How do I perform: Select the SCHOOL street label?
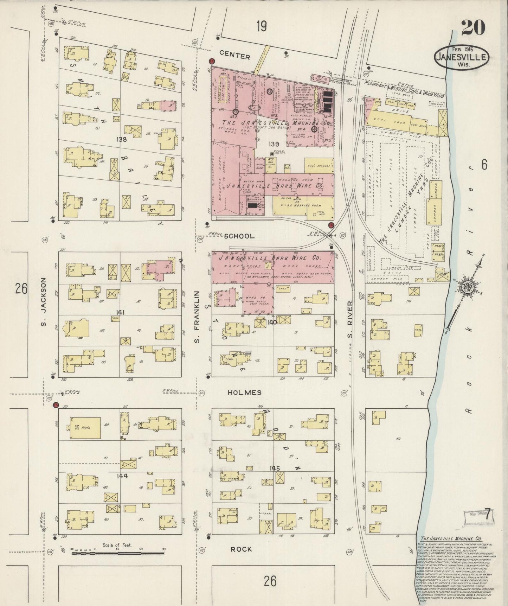pyautogui.click(x=239, y=236)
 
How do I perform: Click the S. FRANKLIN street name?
pyautogui.click(x=197, y=316)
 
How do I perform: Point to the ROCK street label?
pyautogui.click(x=241, y=559)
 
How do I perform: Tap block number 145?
pyautogui.click(x=275, y=468)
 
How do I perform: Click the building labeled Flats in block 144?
pyautogui.click(x=85, y=428)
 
